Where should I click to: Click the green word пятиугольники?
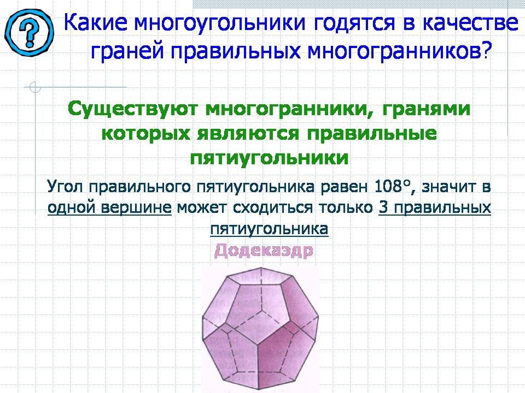coord(269,158)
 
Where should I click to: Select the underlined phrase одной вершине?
coord(109,208)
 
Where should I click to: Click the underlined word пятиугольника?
coord(269,229)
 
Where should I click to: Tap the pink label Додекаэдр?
coord(263,251)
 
